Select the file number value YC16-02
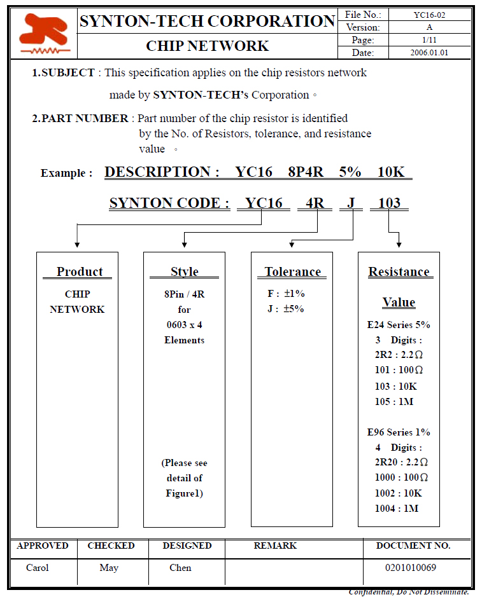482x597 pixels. (x=429, y=15)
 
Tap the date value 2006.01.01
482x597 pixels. (x=429, y=53)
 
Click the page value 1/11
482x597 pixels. (x=429, y=40)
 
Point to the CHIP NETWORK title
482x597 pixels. (x=207, y=46)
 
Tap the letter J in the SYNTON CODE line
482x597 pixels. (x=351, y=203)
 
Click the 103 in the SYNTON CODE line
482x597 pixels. (x=389, y=203)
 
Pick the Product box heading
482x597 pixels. (x=79, y=271)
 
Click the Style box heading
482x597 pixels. (x=184, y=271)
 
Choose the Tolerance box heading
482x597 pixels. (x=292, y=271)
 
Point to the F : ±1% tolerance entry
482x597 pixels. (x=286, y=294)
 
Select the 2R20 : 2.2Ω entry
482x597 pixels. (x=401, y=462)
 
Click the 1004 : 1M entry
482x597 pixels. (x=397, y=508)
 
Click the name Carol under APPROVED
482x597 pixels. (x=37, y=568)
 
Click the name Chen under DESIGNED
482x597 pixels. (x=180, y=568)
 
